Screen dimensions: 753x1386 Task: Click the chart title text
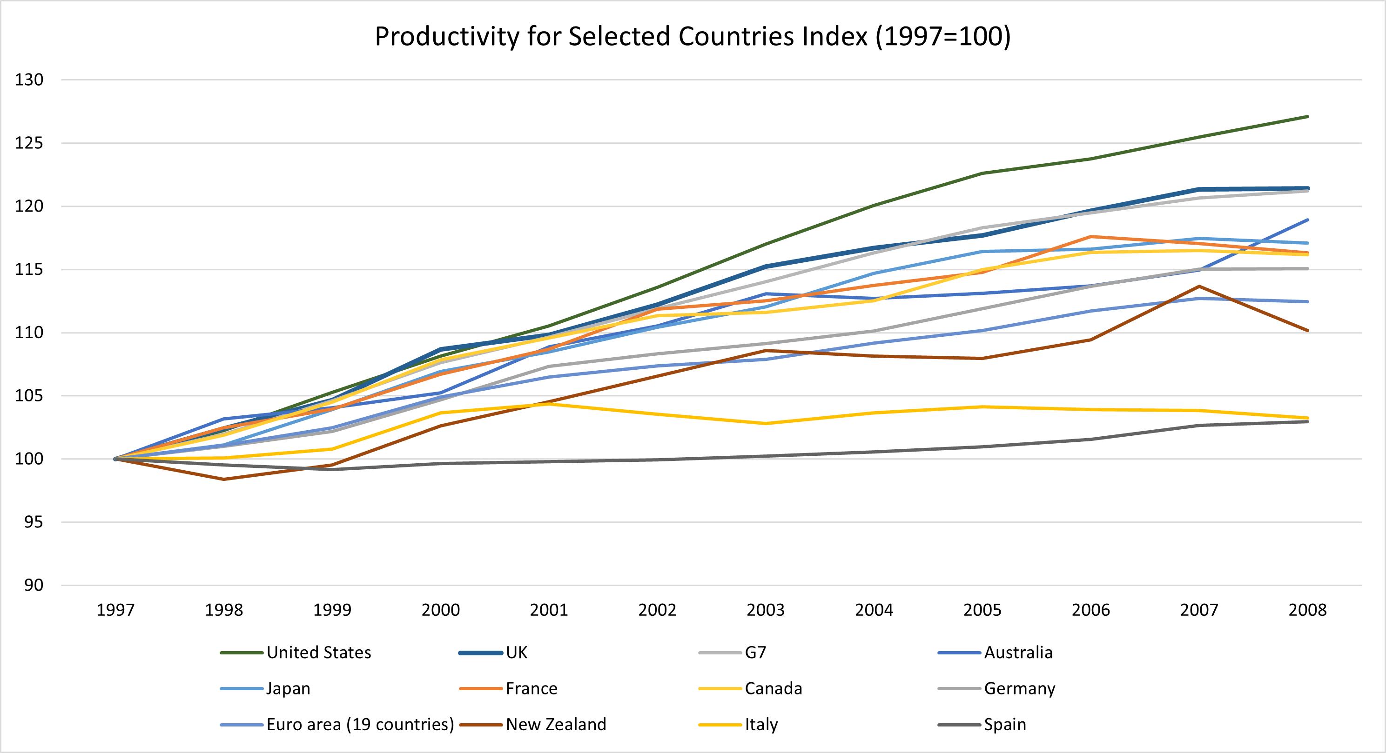(693, 37)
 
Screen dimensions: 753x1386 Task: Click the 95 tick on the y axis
(34, 522)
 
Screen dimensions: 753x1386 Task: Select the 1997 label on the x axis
(115, 610)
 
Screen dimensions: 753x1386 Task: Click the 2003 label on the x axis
(765, 610)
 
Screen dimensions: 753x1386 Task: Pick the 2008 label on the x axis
(1307, 610)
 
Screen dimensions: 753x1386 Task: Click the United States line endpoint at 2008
(1307, 117)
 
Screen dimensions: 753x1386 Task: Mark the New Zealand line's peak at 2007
(1199, 286)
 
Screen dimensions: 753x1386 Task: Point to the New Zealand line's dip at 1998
(224, 479)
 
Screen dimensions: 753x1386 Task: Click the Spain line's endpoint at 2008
(1307, 422)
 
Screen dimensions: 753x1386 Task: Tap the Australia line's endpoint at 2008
(1307, 220)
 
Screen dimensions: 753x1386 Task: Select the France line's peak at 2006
(1090, 237)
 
